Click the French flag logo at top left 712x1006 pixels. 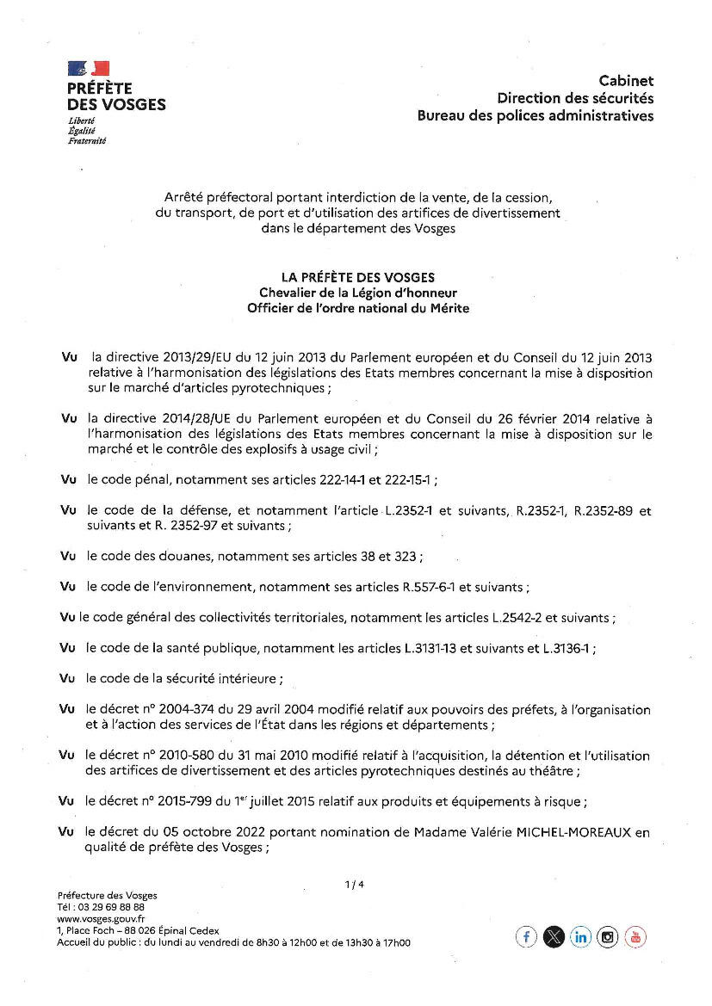pyautogui.click(x=89, y=68)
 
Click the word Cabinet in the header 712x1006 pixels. pyautogui.click(x=626, y=81)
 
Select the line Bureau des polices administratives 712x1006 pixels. pyautogui.click(x=535, y=115)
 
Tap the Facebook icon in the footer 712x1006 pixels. pyautogui.click(x=526, y=937)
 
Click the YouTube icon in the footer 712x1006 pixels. pyautogui.click(x=635, y=937)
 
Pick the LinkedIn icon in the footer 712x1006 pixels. pyautogui.click(x=581, y=937)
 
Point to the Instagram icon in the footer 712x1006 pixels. pyautogui.click(x=608, y=937)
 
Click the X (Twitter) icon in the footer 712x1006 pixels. pyautogui.click(x=554, y=937)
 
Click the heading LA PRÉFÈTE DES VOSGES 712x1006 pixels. pyautogui.click(x=358, y=277)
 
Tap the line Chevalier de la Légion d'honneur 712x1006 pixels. pyautogui.click(x=358, y=293)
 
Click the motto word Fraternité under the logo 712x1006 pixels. pyautogui.click(x=86, y=140)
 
